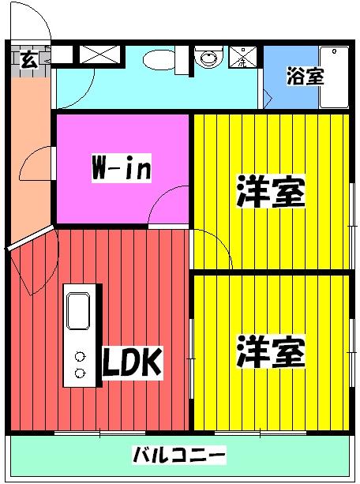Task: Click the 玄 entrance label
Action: tap(28, 60)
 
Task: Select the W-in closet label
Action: tap(121, 168)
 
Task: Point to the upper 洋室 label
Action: tap(271, 192)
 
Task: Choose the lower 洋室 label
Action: tap(271, 352)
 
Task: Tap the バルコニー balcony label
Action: tap(179, 455)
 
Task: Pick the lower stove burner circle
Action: tap(80, 372)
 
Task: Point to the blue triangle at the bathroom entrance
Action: tap(268, 99)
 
